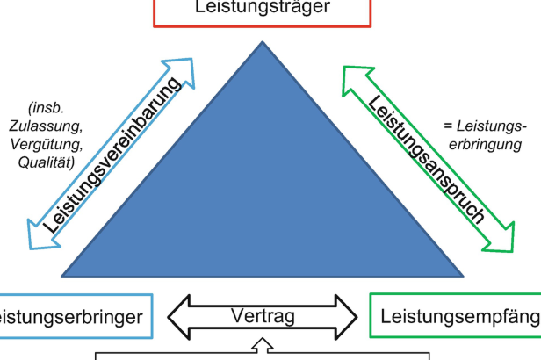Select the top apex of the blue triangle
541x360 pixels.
261,41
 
